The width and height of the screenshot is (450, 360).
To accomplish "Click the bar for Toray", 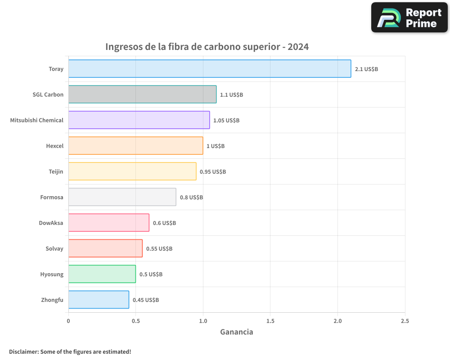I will point(209,69).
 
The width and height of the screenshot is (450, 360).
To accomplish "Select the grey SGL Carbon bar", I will point(142,94).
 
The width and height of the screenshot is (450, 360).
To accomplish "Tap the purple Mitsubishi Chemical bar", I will point(139,120).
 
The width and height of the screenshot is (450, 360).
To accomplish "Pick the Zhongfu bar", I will point(99,300).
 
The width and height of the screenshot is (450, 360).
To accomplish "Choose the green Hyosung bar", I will point(102,274).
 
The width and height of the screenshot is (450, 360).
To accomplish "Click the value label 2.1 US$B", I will point(366,69).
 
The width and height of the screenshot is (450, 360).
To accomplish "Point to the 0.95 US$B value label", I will point(213,172).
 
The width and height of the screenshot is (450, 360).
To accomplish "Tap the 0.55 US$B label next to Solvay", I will point(159,249).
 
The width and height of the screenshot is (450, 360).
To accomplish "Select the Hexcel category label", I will point(54,146).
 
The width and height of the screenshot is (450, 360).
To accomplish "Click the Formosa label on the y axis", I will point(52,198).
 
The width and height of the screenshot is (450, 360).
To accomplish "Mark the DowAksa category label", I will point(51,223).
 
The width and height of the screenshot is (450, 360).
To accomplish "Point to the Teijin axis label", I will point(56,172).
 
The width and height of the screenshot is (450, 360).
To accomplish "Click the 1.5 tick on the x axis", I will point(270,321).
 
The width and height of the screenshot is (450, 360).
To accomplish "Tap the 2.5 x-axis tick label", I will point(405,321).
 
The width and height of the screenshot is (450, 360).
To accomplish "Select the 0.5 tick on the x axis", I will point(136,321).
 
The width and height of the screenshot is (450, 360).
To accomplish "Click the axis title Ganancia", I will point(236,332).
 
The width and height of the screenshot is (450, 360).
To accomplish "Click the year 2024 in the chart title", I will point(298,47).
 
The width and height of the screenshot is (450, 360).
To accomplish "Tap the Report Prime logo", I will point(409,18).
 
